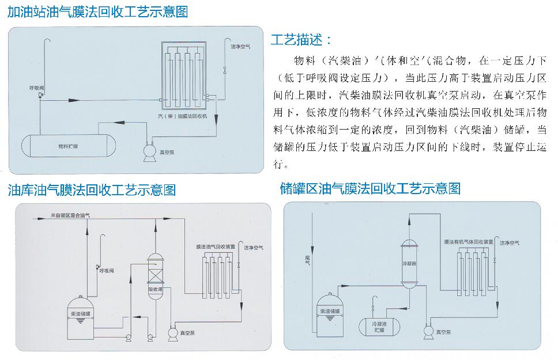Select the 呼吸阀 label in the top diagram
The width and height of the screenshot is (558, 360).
37,88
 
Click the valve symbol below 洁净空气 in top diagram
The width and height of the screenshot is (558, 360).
225,70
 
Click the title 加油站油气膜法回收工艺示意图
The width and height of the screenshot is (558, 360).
97,12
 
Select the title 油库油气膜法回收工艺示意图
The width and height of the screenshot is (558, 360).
92,190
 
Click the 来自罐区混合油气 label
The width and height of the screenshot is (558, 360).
70,215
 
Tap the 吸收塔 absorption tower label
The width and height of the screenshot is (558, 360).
156,289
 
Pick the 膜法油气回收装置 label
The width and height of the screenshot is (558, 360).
215,247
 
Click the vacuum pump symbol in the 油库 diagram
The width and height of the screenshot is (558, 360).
172,333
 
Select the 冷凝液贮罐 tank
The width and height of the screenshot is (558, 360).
378,327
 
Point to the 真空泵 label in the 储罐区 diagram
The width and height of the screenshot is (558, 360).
443,332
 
